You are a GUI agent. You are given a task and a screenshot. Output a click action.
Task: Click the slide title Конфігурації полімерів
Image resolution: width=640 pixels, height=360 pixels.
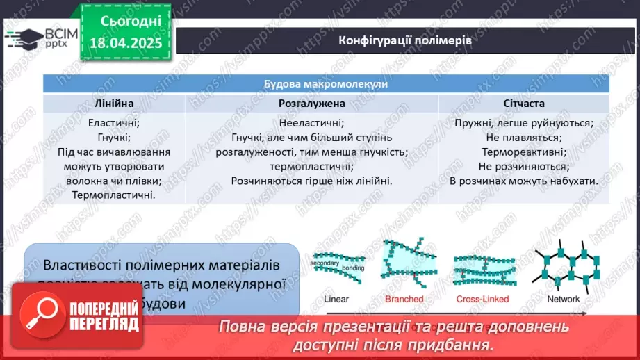pos(405,40)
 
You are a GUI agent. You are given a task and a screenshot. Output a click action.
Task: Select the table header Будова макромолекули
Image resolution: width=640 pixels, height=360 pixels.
pos(325,83)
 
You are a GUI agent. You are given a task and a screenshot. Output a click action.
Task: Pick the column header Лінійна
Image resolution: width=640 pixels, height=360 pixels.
pos(114,103)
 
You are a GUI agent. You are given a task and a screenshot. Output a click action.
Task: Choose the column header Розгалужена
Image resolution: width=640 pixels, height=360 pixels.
pos(311,103)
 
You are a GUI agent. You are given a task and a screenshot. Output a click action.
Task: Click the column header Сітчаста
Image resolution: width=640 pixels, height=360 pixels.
pos(523,103)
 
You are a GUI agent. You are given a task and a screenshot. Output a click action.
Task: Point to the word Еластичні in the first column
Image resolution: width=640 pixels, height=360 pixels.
pos(114,123)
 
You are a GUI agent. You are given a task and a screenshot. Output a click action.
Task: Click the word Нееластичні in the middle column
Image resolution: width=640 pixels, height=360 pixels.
pos(311,123)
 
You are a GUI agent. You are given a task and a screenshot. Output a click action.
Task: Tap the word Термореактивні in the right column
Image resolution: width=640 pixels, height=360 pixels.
pos(523,152)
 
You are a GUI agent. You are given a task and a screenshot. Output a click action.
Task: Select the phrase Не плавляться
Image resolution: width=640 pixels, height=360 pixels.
pos(523,138)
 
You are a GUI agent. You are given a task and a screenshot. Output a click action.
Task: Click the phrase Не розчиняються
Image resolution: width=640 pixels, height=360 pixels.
pos(523,166)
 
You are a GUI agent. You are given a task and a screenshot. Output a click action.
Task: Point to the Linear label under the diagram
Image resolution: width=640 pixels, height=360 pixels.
pos(336,299)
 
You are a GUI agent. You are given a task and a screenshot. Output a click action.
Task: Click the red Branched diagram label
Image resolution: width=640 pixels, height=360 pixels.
pos(404,299)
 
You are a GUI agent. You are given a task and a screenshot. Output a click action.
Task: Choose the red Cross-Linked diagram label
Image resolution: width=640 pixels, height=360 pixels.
pos(482,299)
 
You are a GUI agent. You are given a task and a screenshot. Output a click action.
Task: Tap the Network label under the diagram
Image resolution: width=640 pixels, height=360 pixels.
pos(563,299)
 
